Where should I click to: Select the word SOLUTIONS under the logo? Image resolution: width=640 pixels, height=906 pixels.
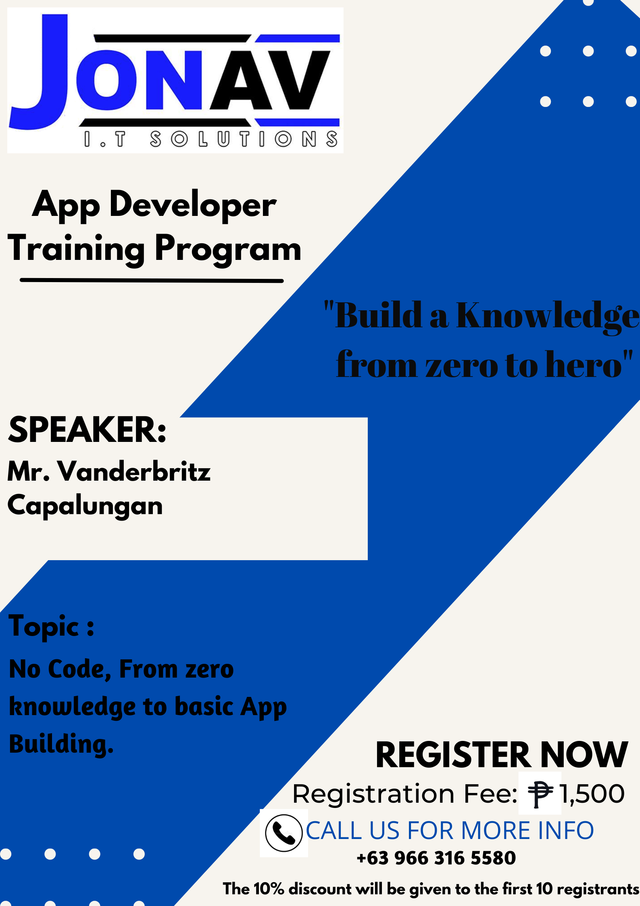(244, 139)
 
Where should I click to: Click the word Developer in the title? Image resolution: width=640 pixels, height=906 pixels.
(193, 205)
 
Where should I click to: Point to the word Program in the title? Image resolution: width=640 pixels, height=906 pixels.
(228, 249)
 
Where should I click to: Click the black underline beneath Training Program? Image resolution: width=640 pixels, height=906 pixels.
(152, 280)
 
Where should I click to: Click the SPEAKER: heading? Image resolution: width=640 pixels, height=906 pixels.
(87, 430)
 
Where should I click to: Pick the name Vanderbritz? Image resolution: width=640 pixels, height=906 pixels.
(134, 471)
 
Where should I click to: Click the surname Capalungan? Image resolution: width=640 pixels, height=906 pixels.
(85, 506)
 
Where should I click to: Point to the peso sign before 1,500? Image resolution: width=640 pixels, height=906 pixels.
(540, 794)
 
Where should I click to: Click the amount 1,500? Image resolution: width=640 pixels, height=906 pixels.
(592, 794)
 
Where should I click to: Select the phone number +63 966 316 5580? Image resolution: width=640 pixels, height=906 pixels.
(436, 858)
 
